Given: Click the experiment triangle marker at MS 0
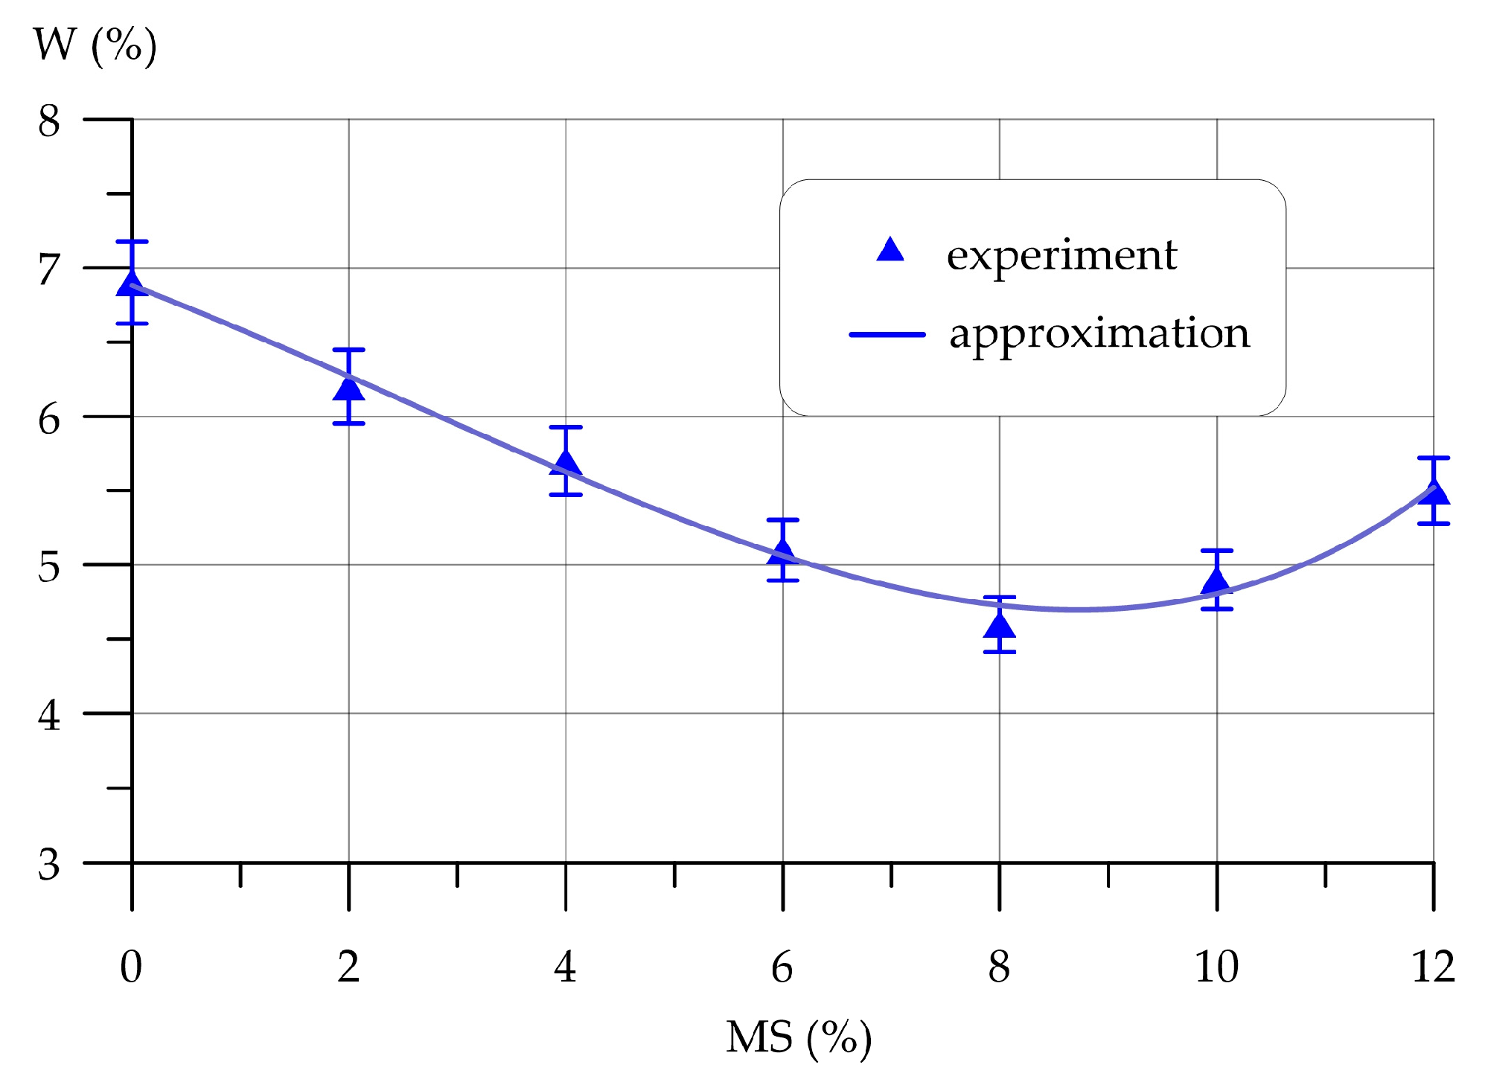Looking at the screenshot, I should coord(132,284).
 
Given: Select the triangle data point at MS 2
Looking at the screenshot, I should coord(348,388).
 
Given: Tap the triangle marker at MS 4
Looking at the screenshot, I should coord(566,463).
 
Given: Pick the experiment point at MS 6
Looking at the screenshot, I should coord(782,552).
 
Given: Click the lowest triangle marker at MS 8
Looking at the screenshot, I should coord(999,626).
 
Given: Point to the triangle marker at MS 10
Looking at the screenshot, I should coord(1216,582).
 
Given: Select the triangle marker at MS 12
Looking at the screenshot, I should coord(1433,493).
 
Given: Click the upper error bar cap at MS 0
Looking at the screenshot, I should coord(132,242).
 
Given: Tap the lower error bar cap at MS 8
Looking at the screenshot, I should coord(999,652).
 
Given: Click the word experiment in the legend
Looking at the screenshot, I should coord(1061,255).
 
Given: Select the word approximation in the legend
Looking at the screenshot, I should coord(1099,333).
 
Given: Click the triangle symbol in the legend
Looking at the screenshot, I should coord(890,251).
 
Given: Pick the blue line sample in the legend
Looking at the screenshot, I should coord(887,335).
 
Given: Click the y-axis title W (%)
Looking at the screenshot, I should coord(95,46).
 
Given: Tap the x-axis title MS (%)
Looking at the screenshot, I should coord(798,1037).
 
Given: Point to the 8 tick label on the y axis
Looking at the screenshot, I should coord(48,121).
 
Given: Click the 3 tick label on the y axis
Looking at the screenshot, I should coord(48,865).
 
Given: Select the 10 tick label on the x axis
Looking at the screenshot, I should coord(1216,967).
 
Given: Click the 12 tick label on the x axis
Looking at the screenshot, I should coord(1433,967).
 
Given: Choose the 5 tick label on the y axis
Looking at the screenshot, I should coord(48,567).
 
